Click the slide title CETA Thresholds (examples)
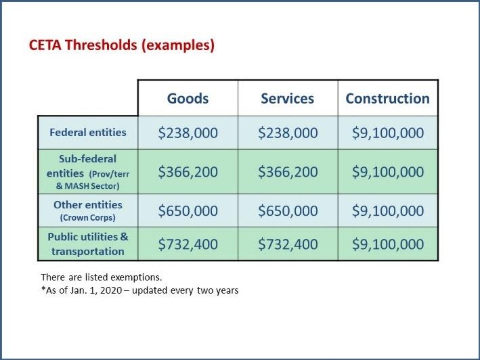click(x=122, y=46)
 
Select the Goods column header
click(x=188, y=98)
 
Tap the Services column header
click(x=287, y=98)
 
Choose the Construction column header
click(x=387, y=98)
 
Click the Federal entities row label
click(x=87, y=132)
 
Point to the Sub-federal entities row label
click(x=87, y=171)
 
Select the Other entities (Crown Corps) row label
click(x=87, y=210)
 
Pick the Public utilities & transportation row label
click(x=87, y=244)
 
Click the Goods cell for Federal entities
click(x=188, y=133)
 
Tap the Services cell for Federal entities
click(x=287, y=133)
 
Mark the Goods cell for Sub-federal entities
click(x=188, y=172)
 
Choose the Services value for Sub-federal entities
click(x=287, y=172)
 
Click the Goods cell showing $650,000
click(x=188, y=210)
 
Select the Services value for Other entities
click(x=287, y=210)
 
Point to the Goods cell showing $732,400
click(x=188, y=244)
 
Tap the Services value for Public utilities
click(x=287, y=244)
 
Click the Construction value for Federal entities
click(x=387, y=133)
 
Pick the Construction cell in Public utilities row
click(x=387, y=244)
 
